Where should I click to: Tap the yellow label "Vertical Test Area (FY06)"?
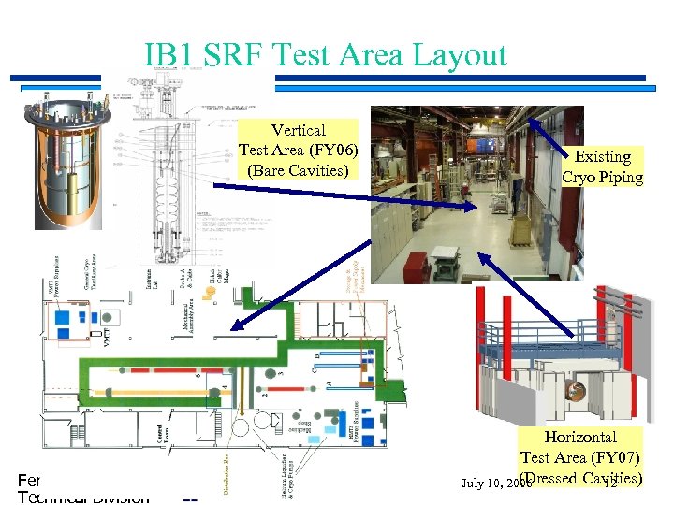point(298,150)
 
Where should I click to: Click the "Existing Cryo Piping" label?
point(602,166)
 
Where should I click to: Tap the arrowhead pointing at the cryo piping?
point(533,122)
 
